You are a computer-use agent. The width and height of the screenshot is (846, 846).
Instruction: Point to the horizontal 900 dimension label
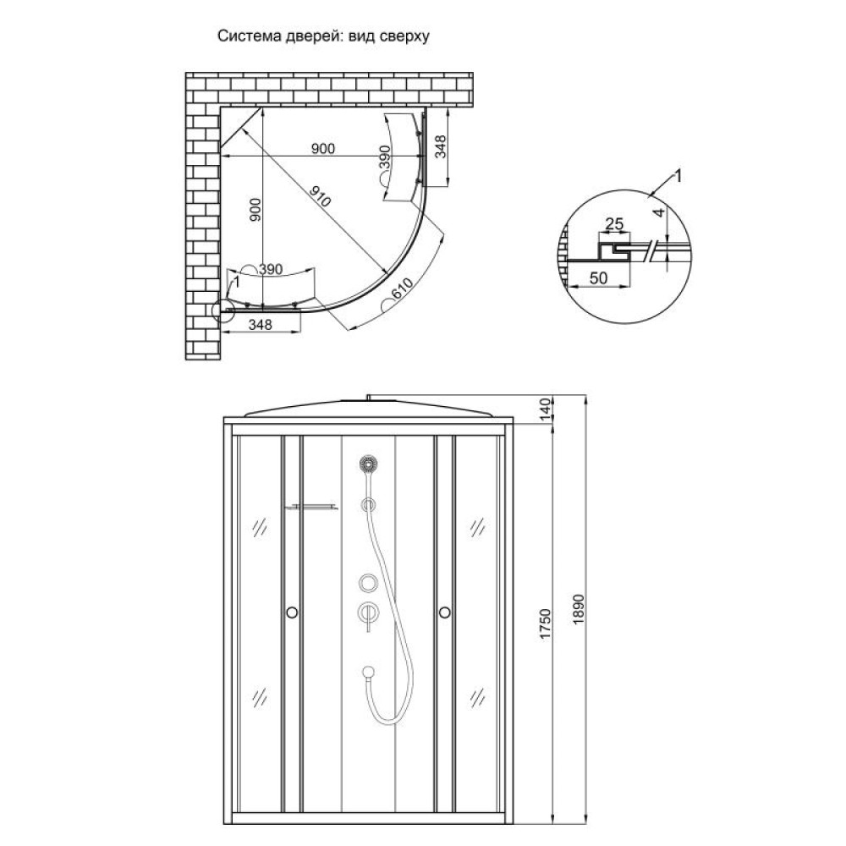click(x=322, y=148)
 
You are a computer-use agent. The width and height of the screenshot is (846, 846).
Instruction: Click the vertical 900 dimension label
click(x=255, y=210)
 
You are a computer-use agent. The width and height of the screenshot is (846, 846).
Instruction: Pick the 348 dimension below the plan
click(x=260, y=324)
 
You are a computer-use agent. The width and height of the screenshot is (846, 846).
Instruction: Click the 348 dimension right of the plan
click(x=441, y=146)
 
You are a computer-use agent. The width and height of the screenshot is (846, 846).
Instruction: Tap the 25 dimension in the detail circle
click(x=614, y=222)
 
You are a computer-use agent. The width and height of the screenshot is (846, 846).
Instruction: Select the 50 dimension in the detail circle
click(x=598, y=277)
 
